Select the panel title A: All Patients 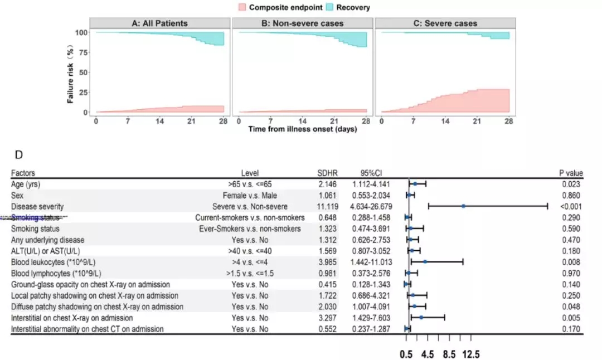[x=159, y=23]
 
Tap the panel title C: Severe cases [x=445, y=23]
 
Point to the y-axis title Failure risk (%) [x=71, y=72]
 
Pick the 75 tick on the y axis [x=82, y=52]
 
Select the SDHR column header [x=326, y=173]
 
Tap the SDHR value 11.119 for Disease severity [x=326, y=206]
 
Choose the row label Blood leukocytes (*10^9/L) [x=57, y=262]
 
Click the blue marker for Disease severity [x=464, y=206]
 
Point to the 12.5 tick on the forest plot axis [x=471, y=354]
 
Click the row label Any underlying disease [x=47, y=240]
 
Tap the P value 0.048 [x=571, y=307]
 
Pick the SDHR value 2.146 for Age [x=326, y=184]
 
